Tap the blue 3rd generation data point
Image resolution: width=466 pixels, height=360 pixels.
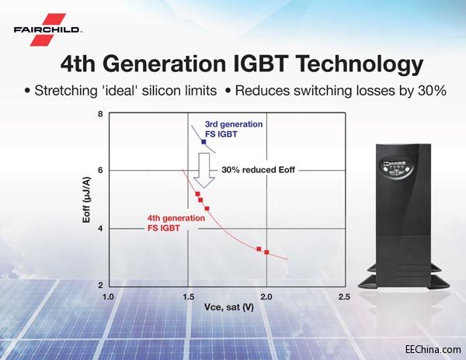point(203,142)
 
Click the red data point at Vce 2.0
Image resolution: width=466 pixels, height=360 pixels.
point(266,252)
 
